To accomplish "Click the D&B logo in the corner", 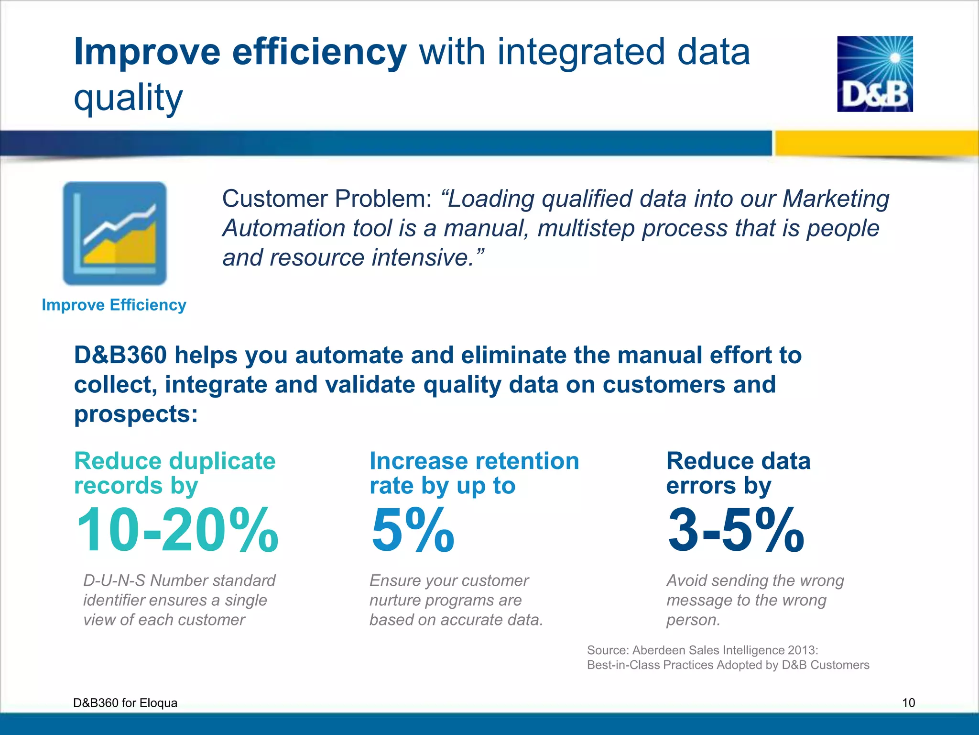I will click(x=875, y=74).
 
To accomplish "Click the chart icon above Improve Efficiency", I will click(x=115, y=234).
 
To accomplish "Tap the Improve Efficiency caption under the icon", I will click(x=114, y=305).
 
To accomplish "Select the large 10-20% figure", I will click(x=177, y=530).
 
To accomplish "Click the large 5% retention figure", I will click(x=413, y=530).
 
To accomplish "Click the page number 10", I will click(x=908, y=702).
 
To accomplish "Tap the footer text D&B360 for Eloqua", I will click(x=125, y=703).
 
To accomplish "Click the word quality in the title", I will click(x=128, y=97).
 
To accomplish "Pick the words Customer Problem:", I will click(x=327, y=199).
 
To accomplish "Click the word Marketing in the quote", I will click(x=836, y=199).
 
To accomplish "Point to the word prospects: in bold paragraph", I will click(x=136, y=414).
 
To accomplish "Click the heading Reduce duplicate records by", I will click(x=174, y=473).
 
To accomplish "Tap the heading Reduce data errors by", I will click(x=738, y=473).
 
